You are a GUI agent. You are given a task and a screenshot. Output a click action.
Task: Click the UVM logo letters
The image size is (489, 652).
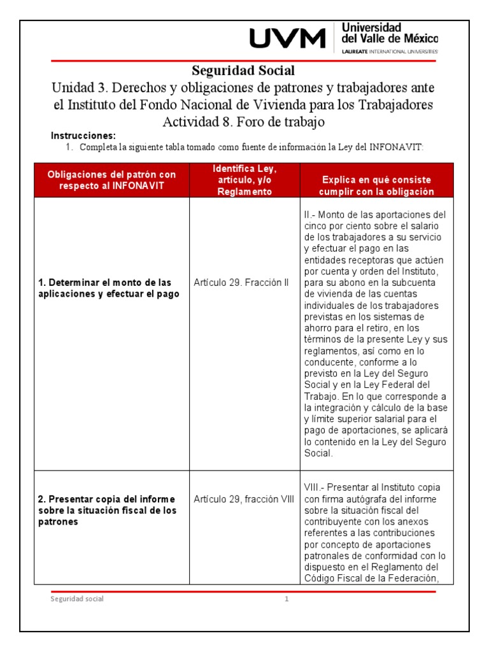click(287, 39)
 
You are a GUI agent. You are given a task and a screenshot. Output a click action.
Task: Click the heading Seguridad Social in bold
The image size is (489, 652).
click(243, 70)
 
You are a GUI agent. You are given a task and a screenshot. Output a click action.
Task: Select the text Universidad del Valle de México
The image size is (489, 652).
click(390, 33)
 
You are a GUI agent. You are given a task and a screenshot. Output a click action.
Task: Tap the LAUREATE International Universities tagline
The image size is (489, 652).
click(390, 50)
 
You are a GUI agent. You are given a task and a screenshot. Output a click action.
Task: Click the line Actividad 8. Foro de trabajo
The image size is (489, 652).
click(243, 121)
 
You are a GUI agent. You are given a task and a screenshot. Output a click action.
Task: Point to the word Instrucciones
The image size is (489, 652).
click(83, 136)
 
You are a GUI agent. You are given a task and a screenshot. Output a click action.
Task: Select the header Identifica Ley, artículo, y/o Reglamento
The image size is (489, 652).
click(244, 180)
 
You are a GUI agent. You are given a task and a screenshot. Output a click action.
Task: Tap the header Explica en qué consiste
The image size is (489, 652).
click(377, 186)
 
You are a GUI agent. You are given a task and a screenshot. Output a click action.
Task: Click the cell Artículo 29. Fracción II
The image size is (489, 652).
click(233, 282)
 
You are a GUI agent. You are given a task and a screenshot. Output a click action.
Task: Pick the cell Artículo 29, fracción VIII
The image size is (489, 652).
click(244, 499)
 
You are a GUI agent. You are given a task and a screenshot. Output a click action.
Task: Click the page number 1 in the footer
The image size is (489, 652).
click(287, 599)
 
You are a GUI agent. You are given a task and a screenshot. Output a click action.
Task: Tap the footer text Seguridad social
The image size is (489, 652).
click(77, 599)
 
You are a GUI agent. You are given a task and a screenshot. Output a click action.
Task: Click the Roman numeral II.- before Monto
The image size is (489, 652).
click(310, 215)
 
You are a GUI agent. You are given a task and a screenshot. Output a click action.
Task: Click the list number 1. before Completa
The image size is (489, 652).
click(71, 147)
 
